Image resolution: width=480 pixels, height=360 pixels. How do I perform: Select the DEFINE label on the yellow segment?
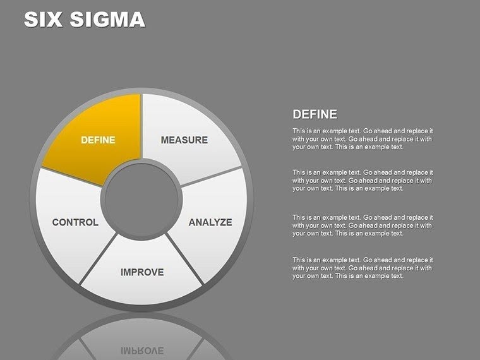[98, 140]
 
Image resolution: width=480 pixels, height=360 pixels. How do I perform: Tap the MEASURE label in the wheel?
[184, 140]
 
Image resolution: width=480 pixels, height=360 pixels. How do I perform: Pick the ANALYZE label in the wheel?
[210, 222]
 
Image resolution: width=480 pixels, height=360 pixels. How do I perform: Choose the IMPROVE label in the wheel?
[142, 272]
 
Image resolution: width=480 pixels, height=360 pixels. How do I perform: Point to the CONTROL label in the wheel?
[75, 222]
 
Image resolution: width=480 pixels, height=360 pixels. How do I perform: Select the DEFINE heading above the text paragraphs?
[315, 114]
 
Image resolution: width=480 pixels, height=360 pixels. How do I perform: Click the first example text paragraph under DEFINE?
[362, 139]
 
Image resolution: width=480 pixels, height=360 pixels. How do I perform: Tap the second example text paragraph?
[362, 180]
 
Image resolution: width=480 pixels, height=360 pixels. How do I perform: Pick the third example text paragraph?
[362, 225]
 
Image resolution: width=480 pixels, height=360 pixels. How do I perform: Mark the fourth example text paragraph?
[362, 268]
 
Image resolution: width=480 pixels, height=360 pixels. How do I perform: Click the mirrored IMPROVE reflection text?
[142, 349]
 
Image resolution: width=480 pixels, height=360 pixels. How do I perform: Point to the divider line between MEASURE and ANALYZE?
[212, 176]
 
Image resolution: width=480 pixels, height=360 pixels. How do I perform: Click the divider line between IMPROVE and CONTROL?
[99, 259]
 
